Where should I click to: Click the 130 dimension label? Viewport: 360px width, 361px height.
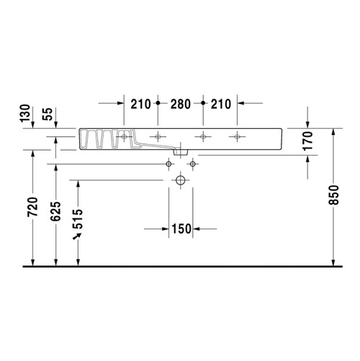(25, 113)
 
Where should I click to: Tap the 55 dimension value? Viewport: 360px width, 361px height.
(48, 114)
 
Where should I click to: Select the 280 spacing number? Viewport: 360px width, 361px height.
(181, 104)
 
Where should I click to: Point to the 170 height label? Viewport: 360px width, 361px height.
(308, 141)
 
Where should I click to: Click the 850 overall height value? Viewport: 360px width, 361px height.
(333, 195)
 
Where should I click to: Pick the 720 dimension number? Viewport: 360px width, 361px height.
(32, 207)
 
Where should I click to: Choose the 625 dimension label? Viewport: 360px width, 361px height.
(55, 211)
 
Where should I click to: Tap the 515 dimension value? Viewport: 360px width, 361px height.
(78, 219)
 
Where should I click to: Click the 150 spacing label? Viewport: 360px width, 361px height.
(181, 229)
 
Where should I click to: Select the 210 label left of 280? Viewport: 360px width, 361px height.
(140, 104)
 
